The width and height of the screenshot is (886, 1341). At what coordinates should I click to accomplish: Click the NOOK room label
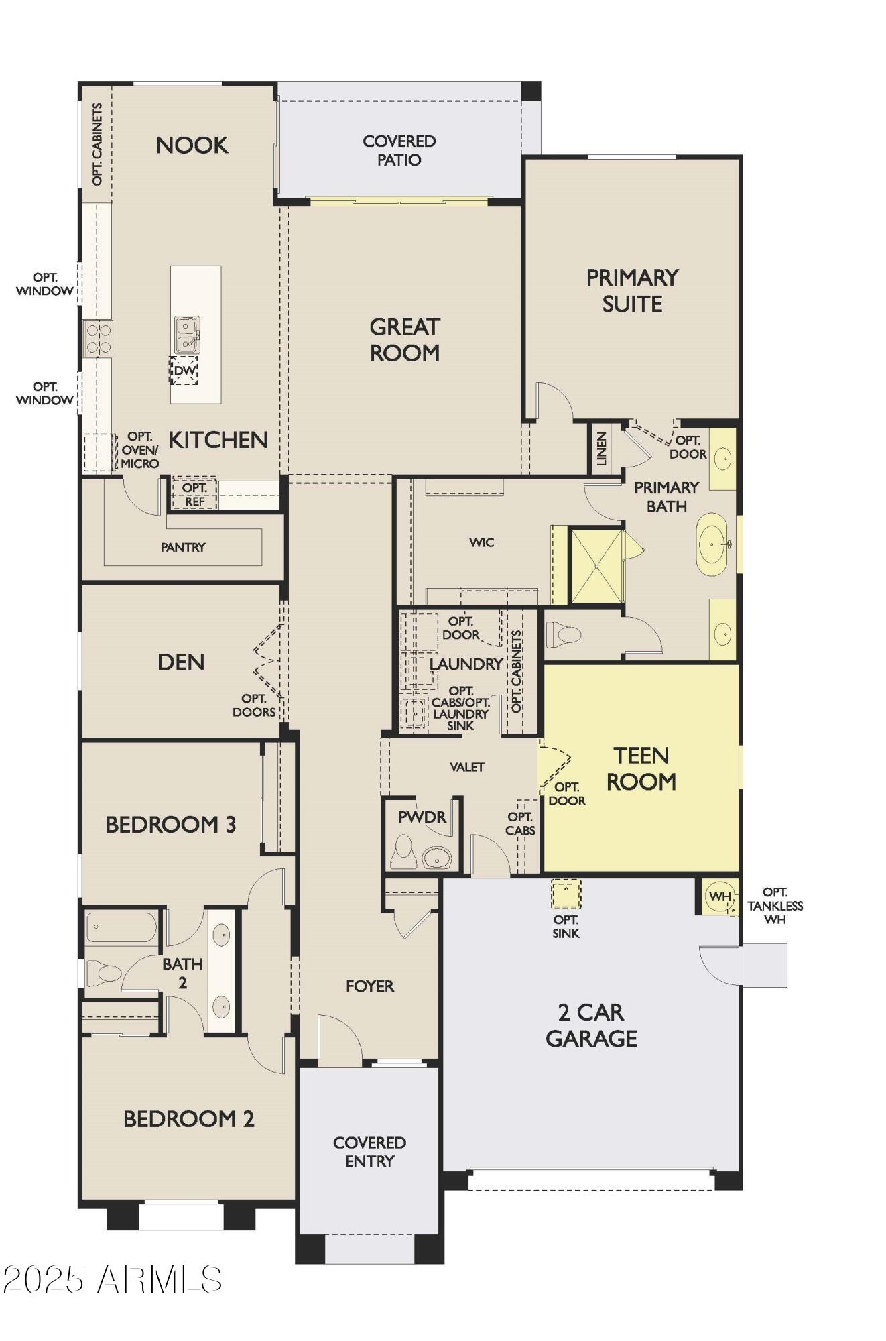(192, 145)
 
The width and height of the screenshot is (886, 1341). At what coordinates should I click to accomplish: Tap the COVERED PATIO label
(399, 150)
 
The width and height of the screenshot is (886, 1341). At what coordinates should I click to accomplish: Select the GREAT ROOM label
(405, 339)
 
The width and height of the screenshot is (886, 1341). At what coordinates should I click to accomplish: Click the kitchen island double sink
(187, 335)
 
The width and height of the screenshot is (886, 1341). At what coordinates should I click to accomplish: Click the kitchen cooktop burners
(98, 338)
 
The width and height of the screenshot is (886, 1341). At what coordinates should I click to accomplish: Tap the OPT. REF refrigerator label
(194, 494)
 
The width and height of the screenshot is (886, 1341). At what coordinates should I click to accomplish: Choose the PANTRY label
(183, 547)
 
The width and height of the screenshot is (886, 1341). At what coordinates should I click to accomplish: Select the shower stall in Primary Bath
(596, 566)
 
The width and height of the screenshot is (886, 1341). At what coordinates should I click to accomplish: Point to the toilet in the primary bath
(563, 634)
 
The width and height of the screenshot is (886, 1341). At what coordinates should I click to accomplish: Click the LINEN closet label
(601, 449)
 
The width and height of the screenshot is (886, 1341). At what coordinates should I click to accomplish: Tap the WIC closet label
(482, 542)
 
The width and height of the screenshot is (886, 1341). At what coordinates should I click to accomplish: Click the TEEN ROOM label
(641, 768)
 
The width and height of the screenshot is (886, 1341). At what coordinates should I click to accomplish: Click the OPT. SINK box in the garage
(566, 894)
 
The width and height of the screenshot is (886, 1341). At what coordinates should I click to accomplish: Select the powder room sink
(437, 856)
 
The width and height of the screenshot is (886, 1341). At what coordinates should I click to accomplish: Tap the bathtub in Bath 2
(121, 927)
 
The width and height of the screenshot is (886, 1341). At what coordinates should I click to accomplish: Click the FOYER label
(370, 986)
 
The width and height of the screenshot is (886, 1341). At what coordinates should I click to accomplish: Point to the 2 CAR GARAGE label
(592, 1025)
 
